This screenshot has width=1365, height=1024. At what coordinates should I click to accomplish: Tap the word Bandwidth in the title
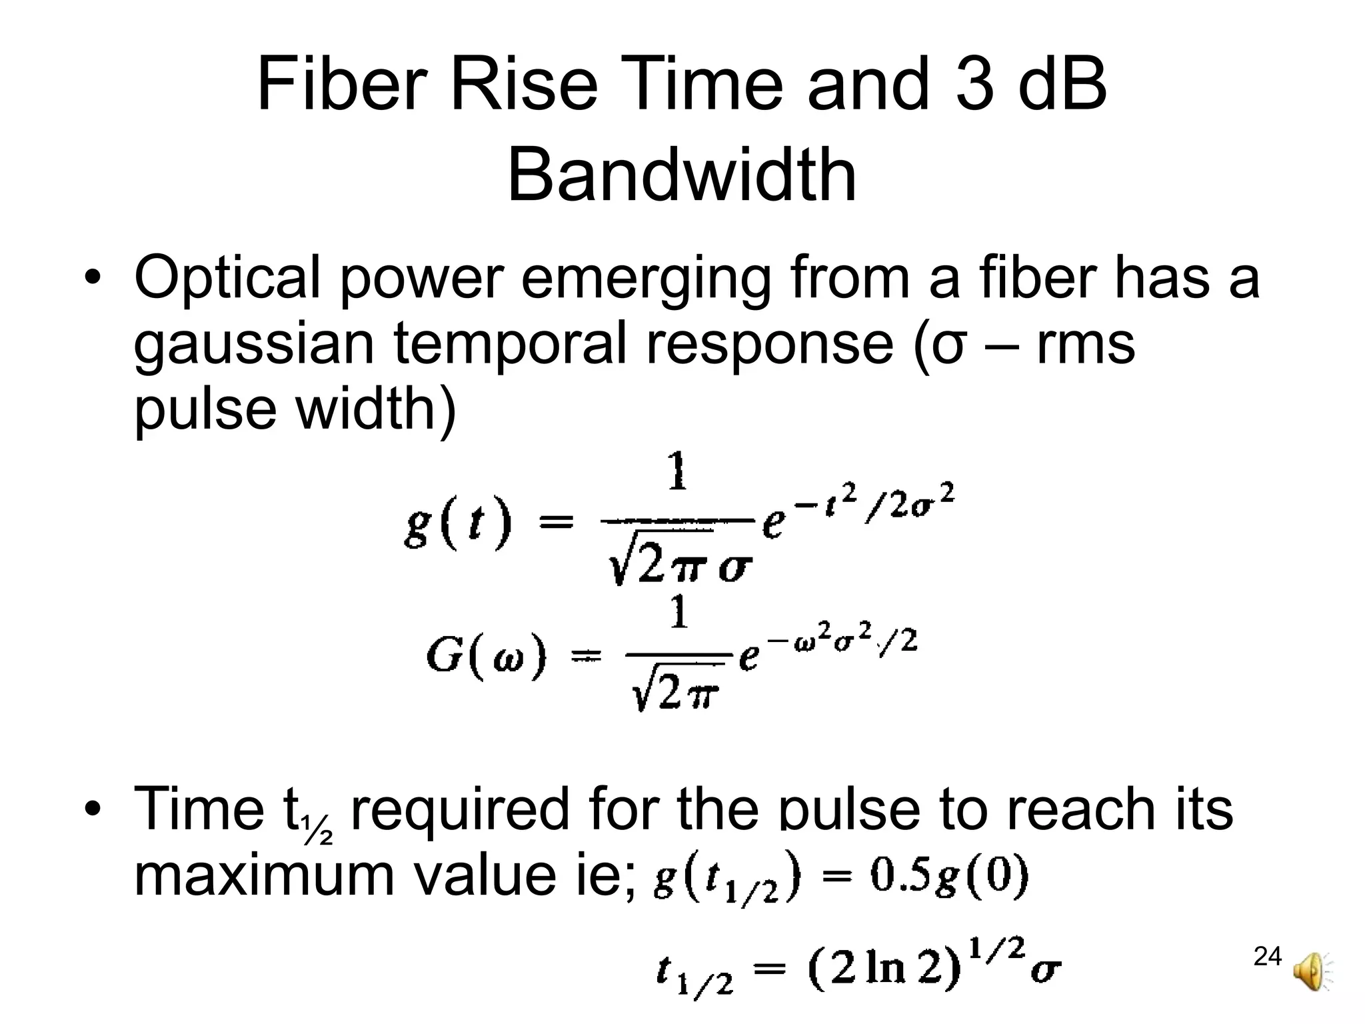point(682,175)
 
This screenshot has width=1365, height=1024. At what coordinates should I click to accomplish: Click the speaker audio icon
point(1310,973)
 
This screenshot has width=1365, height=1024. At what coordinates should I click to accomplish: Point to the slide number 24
point(1267,957)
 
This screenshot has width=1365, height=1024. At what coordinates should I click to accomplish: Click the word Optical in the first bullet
point(227,279)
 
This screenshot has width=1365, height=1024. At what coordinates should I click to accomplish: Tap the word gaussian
point(254,345)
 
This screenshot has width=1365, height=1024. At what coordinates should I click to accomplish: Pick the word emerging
point(645,279)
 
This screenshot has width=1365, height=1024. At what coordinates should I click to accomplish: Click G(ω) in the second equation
point(486,656)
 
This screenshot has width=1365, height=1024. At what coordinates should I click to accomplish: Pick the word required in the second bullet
point(460,809)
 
